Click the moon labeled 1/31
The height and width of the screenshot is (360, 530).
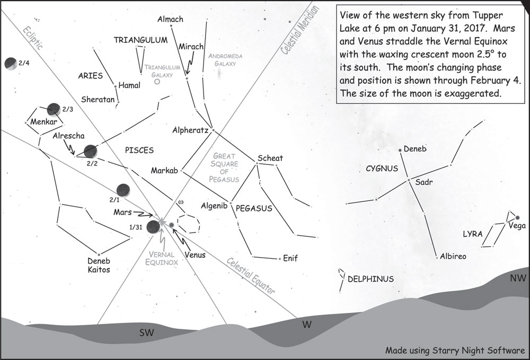(x=153, y=227)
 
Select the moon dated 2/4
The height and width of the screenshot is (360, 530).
(x=10, y=64)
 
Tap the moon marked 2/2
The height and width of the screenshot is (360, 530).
(x=90, y=151)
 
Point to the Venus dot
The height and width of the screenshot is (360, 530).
(x=171, y=226)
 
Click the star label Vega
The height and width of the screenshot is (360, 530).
(x=516, y=226)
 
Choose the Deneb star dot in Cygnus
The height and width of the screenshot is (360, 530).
(x=400, y=151)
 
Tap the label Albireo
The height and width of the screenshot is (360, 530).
(x=453, y=257)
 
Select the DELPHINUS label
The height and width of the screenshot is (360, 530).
(x=370, y=278)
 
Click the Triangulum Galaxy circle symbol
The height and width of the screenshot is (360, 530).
(x=157, y=82)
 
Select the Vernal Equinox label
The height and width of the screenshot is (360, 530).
(x=162, y=258)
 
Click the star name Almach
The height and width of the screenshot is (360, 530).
(x=170, y=20)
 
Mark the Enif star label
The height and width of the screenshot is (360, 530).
(x=290, y=258)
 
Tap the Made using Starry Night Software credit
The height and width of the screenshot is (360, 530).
(x=455, y=350)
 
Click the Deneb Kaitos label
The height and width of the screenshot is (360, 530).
(x=99, y=265)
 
